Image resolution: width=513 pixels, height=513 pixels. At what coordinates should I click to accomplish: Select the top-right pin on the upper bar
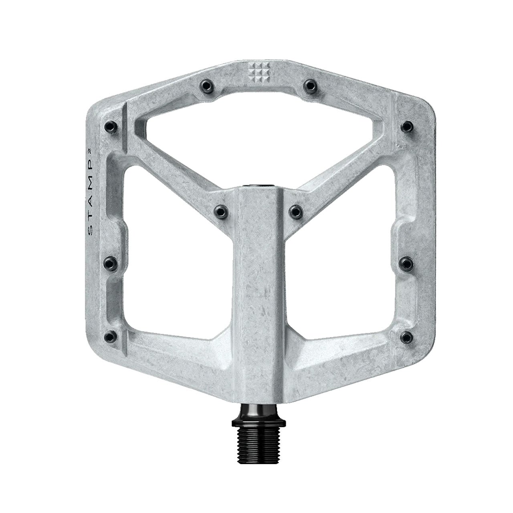309,84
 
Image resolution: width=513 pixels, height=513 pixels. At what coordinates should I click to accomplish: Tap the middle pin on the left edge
109,263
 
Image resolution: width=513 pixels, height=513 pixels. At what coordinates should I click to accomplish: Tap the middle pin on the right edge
408,263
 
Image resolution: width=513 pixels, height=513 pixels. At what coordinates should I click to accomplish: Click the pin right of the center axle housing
295,209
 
